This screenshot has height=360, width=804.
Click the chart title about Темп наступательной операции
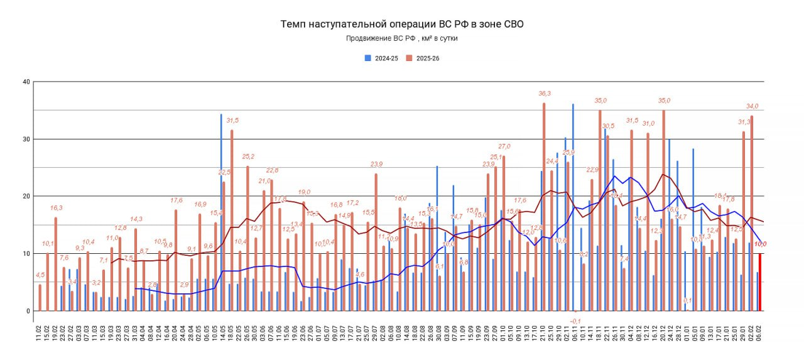[x=401, y=25]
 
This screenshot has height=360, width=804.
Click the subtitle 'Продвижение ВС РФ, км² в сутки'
[x=401, y=38]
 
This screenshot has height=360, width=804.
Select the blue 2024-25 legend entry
[x=382, y=58]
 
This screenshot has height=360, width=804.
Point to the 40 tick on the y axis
[x=26, y=82]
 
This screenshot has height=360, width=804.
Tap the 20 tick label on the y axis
[x=26, y=196]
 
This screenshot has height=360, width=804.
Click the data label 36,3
[x=544, y=94]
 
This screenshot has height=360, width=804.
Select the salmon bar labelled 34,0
[x=752, y=214]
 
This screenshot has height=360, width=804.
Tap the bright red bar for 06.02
[x=760, y=282]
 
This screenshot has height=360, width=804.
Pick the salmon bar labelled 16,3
[x=56, y=264]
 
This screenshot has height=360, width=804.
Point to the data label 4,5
[x=40, y=275]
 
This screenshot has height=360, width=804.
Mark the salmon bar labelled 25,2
[x=247, y=239]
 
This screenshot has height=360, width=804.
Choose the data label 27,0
[x=504, y=146]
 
